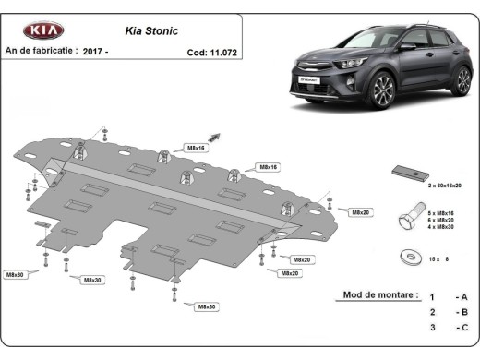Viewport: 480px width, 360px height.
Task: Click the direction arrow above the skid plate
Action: pyautogui.click(x=215, y=136)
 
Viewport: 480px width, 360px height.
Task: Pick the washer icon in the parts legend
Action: pyautogui.click(x=408, y=255)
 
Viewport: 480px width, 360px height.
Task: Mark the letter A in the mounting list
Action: pyautogui.click(x=464, y=296)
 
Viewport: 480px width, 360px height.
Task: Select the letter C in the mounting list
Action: pyautogui.click(x=464, y=327)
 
